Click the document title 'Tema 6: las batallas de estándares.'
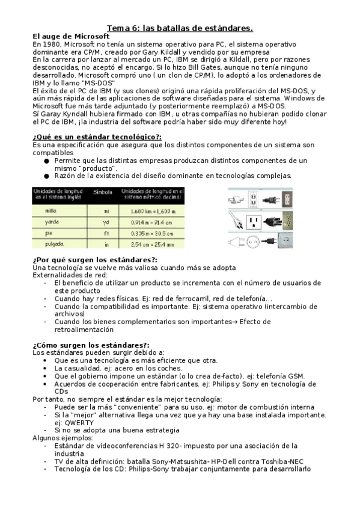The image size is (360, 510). (180, 28)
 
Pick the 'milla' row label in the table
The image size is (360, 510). (51, 211)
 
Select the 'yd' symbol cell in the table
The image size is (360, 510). (106, 222)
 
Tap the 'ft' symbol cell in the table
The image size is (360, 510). (106, 233)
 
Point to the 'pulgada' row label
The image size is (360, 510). (55, 244)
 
